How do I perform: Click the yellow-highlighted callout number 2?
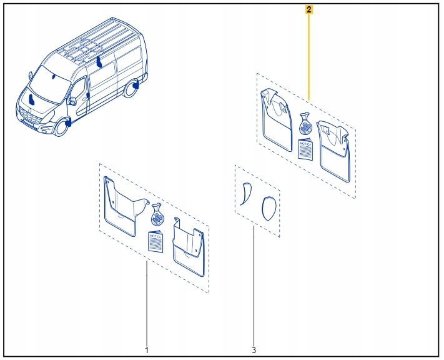tap(309, 9)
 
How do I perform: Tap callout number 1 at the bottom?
tap(147, 349)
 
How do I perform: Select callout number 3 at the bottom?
tap(254, 349)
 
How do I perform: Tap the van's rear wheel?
tap(132, 89)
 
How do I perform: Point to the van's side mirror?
tap(72, 100)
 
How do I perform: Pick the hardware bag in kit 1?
tap(157, 216)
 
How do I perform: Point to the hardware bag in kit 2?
tap(305, 124)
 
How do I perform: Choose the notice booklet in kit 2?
tap(305, 149)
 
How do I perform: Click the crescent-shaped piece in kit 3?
tap(244, 193)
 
